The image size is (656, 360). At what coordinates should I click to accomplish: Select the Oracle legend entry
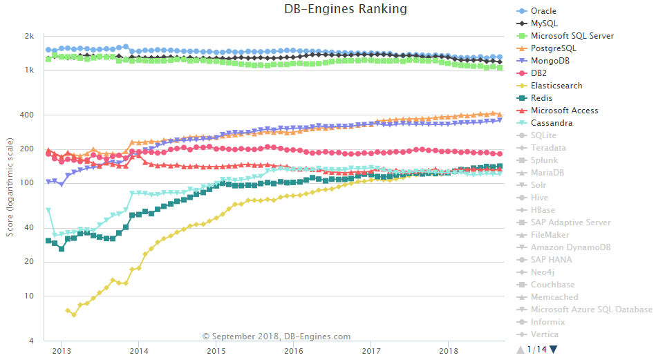543,11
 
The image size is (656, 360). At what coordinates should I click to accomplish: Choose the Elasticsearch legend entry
556,86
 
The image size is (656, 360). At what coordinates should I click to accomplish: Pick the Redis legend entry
541,98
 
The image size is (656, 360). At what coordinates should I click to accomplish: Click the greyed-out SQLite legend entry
543,135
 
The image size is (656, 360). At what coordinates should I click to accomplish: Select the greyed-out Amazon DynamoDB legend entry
571,247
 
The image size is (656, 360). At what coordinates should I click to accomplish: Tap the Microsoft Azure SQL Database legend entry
591,310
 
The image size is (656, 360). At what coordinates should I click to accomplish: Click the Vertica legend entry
544,334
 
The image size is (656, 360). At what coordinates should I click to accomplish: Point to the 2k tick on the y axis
30,37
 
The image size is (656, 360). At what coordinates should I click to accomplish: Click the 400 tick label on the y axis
28,115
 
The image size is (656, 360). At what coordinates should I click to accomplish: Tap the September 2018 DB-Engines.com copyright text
277,337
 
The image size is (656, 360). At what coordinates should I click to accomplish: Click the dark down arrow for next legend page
553,349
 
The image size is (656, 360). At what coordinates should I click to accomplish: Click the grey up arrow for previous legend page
521,349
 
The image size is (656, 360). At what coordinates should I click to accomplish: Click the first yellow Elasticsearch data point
67,311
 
